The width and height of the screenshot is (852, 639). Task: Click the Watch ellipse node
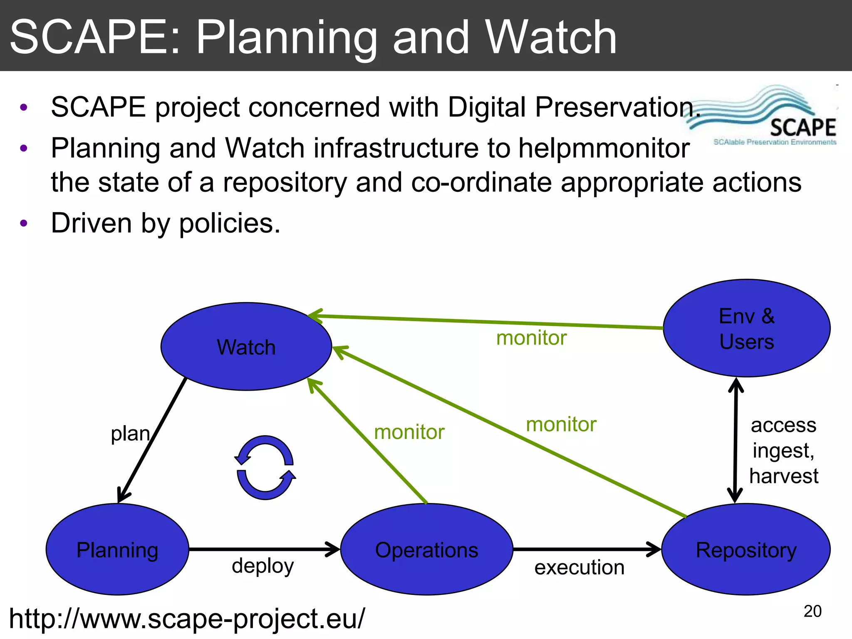tap(246, 347)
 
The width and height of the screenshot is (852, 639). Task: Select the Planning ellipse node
tap(117, 550)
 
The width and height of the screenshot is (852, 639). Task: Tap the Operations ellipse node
tap(426, 550)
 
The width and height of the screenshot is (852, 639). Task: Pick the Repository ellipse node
tap(746, 550)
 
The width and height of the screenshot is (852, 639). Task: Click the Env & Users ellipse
tap(746, 328)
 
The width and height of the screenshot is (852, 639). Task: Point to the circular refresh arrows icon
tap(265, 467)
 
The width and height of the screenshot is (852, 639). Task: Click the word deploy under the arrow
tap(263, 566)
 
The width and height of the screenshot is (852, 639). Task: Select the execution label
tap(579, 567)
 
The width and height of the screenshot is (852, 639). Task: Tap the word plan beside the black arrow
tap(130, 434)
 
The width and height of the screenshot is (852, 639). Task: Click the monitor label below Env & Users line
tap(531, 338)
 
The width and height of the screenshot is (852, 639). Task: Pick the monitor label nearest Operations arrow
tap(409, 432)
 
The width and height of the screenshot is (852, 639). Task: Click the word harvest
tap(783, 476)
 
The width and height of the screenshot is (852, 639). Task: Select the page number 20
tap(812, 611)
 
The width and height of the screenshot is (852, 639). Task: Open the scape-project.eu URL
tap(187, 619)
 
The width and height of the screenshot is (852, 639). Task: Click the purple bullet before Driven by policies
tap(24, 223)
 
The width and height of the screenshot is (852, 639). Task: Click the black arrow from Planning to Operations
tap(264, 549)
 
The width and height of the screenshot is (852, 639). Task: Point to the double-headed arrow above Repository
tap(736, 440)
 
